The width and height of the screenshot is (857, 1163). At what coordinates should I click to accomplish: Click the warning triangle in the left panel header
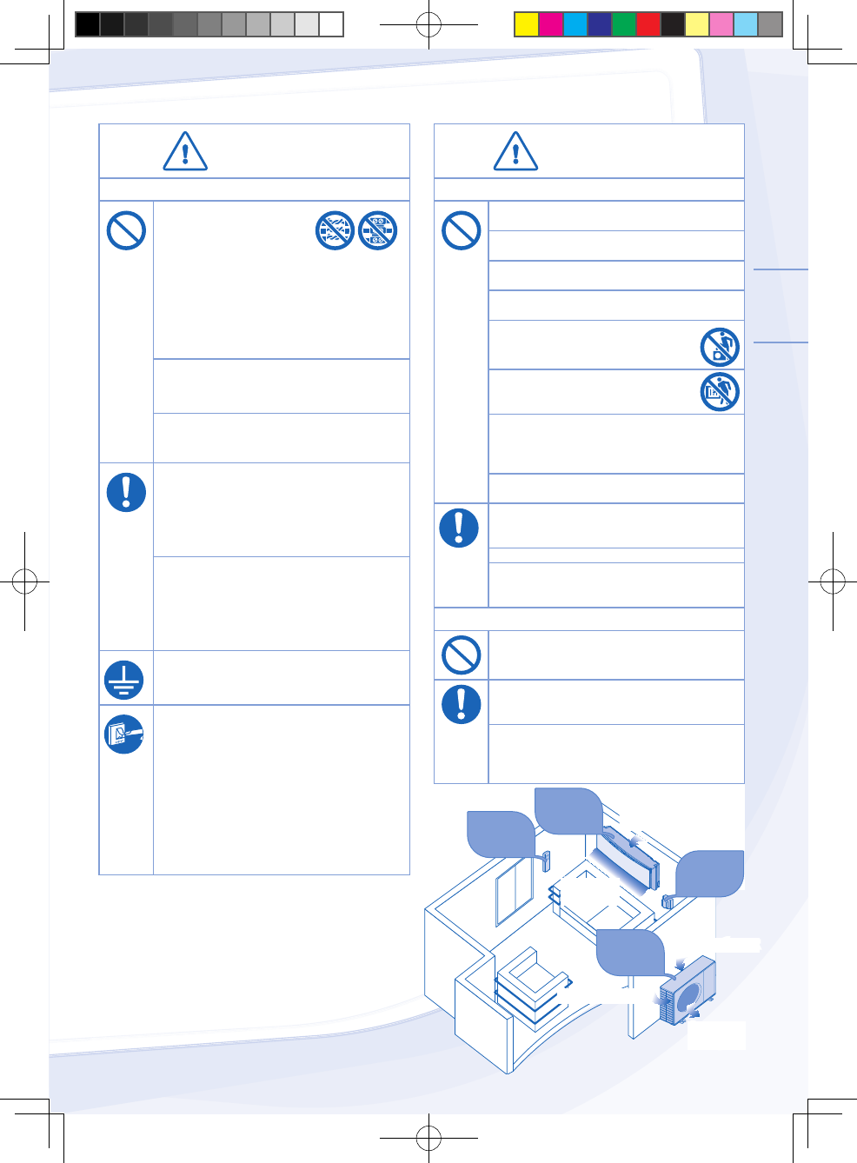pyautogui.click(x=185, y=152)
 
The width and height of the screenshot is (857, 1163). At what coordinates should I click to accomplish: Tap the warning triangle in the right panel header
pyautogui.click(x=515, y=152)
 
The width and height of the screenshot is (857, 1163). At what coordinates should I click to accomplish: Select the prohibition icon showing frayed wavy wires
pyautogui.click(x=335, y=230)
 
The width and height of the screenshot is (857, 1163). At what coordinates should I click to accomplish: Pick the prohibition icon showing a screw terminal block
pyautogui.click(x=378, y=230)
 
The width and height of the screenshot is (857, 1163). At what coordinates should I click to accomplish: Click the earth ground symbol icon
pyautogui.click(x=125, y=679)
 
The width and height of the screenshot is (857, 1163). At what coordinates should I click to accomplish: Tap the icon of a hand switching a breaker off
pyautogui.click(x=124, y=734)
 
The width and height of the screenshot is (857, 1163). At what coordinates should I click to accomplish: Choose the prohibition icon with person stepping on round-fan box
pyautogui.click(x=720, y=347)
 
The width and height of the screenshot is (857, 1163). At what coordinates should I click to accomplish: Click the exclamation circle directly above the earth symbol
pyautogui.click(x=126, y=492)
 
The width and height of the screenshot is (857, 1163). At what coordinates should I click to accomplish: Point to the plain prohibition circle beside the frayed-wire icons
pyautogui.click(x=126, y=231)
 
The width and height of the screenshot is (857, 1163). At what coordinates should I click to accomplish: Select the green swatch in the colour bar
pyautogui.click(x=624, y=24)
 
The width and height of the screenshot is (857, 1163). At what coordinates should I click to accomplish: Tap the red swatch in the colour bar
pyautogui.click(x=648, y=24)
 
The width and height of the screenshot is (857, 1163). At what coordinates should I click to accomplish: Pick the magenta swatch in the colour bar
pyautogui.click(x=551, y=24)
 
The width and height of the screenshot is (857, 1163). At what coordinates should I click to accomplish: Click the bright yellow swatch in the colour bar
pyautogui.click(x=527, y=24)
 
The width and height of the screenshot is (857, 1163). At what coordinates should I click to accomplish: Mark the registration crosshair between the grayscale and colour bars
pyautogui.click(x=428, y=24)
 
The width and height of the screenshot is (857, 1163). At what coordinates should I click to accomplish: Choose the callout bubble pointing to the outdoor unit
pyautogui.click(x=630, y=953)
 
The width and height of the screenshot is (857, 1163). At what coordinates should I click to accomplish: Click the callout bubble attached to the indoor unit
pyautogui.click(x=568, y=810)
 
